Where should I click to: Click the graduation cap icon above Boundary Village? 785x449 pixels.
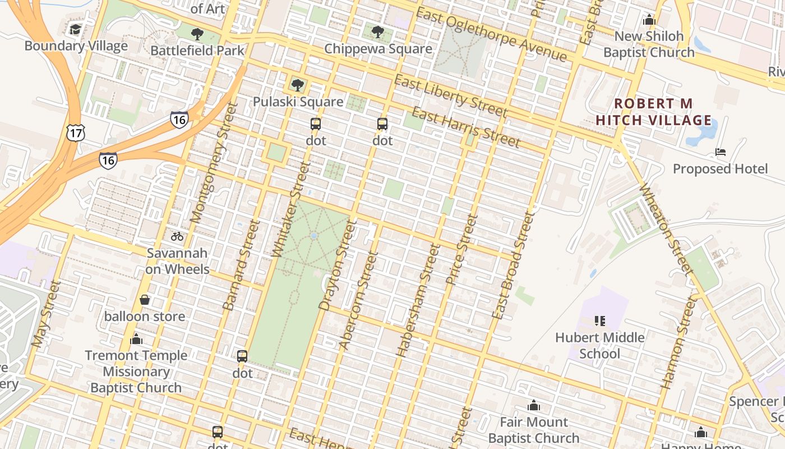[75, 29]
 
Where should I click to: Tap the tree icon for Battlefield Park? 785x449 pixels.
[197, 34]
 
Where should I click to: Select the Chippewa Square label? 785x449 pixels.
[378, 49]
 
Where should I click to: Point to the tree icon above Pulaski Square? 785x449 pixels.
[298, 85]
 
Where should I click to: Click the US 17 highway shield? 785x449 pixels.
[75, 133]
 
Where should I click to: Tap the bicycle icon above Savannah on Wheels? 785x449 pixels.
[177, 236]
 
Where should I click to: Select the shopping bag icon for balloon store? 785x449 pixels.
[145, 300]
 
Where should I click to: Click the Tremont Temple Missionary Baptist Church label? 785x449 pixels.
[136, 371]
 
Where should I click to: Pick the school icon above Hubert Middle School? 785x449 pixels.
[599, 321]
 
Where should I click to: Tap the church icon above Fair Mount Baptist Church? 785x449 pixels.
[533, 405]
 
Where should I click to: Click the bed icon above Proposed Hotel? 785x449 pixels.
[721, 152]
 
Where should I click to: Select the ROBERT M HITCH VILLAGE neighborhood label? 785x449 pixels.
[653, 112]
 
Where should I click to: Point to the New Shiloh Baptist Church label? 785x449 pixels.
[649, 44]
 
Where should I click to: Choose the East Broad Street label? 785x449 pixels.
[512, 266]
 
